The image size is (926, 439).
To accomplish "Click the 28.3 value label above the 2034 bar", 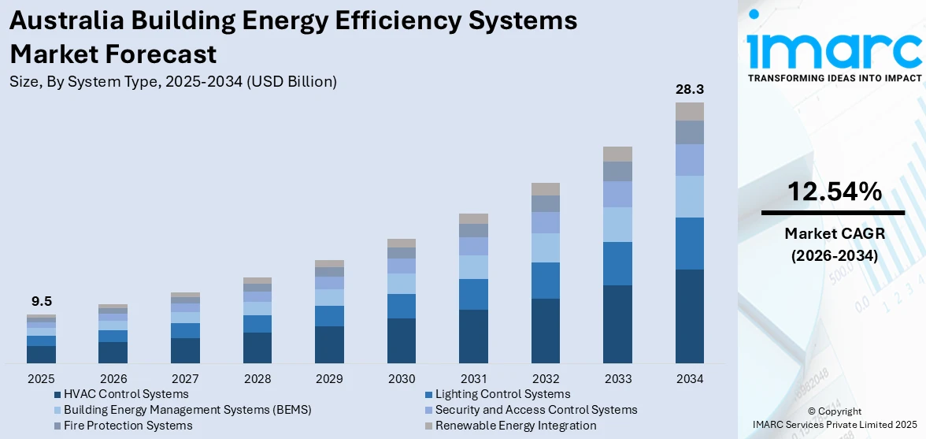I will click(x=689, y=89).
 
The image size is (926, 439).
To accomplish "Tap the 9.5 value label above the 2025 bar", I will click(x=41, y=301).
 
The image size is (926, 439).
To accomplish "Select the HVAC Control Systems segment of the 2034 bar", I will click(x=689, y=315).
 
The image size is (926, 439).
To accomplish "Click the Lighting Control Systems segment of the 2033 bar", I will click(x=617, y=263).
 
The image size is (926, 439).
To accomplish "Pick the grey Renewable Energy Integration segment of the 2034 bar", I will click(x=689, y=111).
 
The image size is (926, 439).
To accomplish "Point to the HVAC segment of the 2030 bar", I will click(x=402, y=340).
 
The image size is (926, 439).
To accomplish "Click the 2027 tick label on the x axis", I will click(x=185, y=378).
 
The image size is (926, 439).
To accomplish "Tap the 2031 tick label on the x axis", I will click(x=473, y=378).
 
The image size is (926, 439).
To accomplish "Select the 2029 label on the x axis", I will click(x=329, y=378).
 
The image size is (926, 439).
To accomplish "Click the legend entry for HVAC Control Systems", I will click(x=126, y=394).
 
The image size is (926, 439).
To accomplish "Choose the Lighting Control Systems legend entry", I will click(x=502, y=394).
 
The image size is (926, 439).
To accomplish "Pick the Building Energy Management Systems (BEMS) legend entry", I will click(x=187, y=410).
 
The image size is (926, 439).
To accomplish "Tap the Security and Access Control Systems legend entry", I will click(x=535, y=410).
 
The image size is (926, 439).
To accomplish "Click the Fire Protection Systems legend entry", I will click(x=128, y=426).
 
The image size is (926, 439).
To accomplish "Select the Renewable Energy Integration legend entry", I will click(x=516, y=426).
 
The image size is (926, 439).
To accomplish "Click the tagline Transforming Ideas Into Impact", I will click(x=834, y=78).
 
